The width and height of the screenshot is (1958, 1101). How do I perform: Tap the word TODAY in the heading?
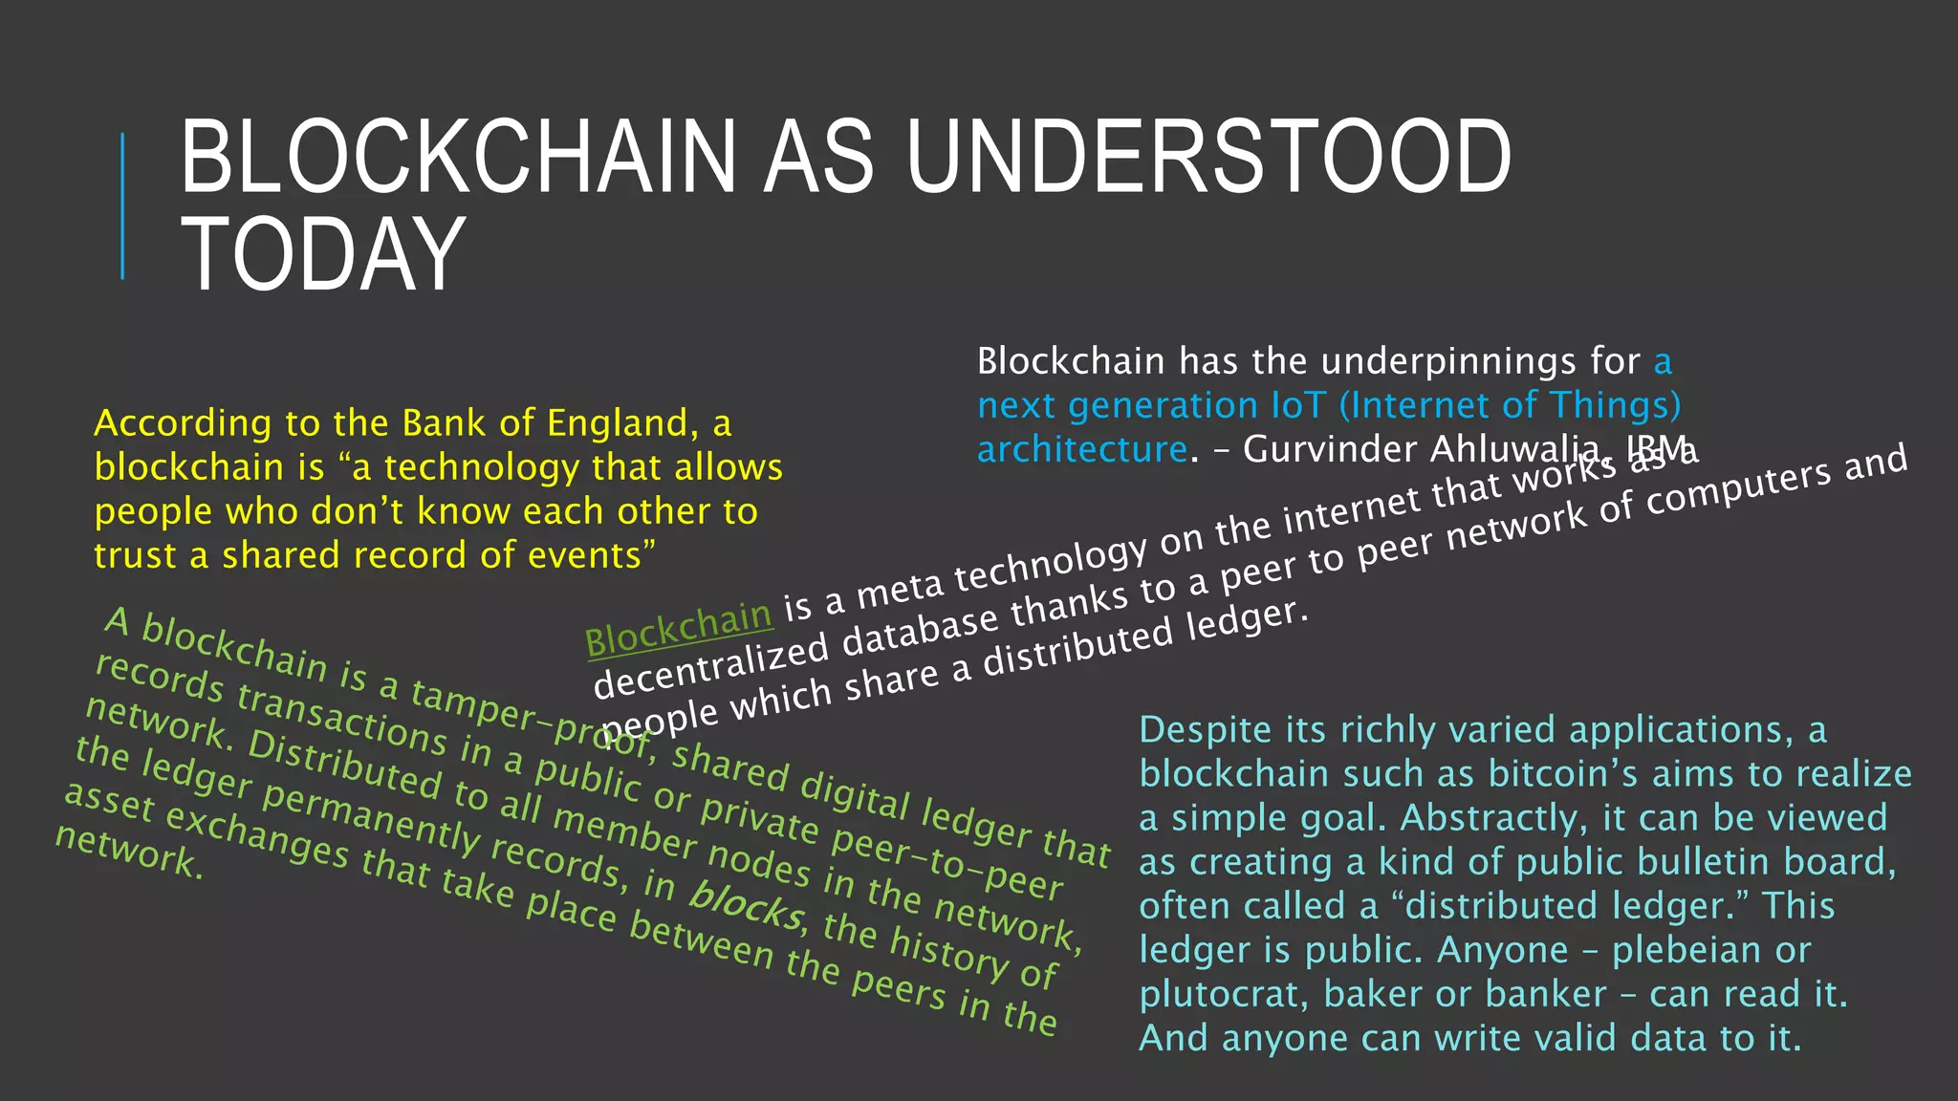(323, 254)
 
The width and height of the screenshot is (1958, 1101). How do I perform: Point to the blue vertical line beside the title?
(122, 205)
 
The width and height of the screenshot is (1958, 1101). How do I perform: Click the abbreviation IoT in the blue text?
(1300, 405)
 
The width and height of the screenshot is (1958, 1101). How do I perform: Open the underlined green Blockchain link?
(678, 627)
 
